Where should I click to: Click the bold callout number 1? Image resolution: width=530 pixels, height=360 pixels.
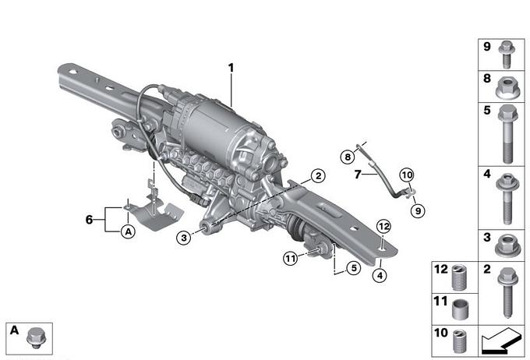click(231, 68)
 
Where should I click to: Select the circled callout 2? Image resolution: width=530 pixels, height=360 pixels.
click(318, 176)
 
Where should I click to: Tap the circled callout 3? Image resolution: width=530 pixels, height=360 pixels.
click(184, 238)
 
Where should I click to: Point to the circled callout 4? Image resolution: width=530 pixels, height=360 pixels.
click(380, 276)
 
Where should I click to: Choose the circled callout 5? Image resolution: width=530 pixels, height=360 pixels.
click(354, 268)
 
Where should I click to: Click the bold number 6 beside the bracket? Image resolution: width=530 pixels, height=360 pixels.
click(89, 220)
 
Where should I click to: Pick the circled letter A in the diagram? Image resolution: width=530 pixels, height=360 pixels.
click(129, 232)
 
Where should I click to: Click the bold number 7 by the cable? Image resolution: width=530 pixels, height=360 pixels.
click(358, 174)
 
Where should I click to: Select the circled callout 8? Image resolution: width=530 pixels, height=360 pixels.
click(348, 157)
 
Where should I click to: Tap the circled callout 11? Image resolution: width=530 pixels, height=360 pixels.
click(291, 259)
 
